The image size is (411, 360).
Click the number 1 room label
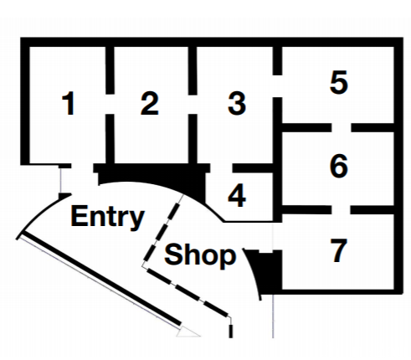coord(69,103)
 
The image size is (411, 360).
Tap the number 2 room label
coord(150,103)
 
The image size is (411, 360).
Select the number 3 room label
coord(237,103)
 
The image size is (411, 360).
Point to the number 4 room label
coord(237,195)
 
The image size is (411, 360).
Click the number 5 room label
coord(339,82)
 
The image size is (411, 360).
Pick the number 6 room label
coord(339,166)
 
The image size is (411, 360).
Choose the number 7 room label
coord(339,250)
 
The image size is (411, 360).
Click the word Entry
coord(107,218)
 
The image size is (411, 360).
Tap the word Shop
coord(200,255)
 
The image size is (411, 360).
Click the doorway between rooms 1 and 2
coord(110,104)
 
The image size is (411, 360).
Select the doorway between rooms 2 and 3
coord(193,104)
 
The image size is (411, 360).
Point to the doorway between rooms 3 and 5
coord(277,86)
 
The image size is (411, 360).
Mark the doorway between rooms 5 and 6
coord(342,127)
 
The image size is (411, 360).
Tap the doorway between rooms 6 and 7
coord(341,210)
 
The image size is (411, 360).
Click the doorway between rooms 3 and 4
coord(221,168)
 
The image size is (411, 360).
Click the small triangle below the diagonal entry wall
coord(188,332)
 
